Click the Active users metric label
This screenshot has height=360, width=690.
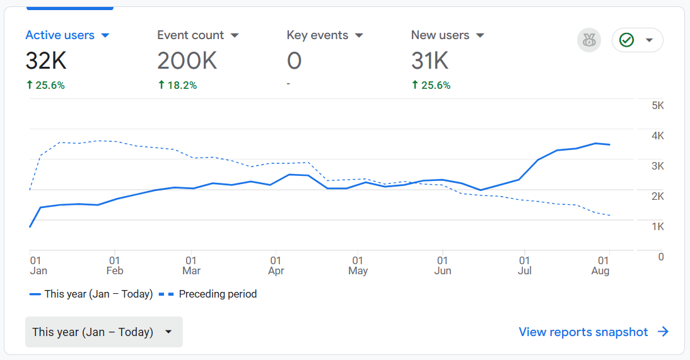60,35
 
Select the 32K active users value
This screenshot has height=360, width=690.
46,61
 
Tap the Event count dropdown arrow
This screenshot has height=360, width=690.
235,36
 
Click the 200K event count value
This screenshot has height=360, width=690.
187,61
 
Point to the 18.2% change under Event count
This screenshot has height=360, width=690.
177,86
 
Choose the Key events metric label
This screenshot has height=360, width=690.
317,35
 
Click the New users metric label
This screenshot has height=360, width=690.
440,35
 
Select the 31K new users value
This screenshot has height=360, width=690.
430,61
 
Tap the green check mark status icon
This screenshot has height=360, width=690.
626,40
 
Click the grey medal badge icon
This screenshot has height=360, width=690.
589,40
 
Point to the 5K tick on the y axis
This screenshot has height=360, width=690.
658,106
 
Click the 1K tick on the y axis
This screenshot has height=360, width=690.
658,226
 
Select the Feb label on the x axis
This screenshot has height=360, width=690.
115,271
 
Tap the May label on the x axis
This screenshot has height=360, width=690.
358,271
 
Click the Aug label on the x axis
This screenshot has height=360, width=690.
600,271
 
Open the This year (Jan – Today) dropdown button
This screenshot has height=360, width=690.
104,332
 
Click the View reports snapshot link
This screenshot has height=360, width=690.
583,332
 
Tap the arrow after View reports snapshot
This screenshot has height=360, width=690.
663,332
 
